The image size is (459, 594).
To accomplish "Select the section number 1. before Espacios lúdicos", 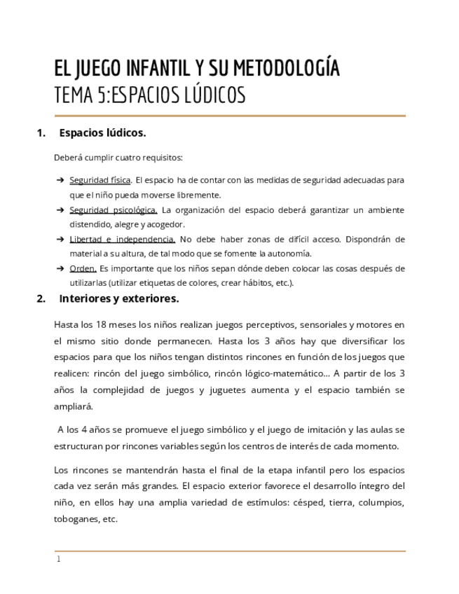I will [x=41, y=132].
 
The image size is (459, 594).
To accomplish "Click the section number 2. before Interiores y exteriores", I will [x=41, y=299].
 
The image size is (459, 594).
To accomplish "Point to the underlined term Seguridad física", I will [x=100, y=180].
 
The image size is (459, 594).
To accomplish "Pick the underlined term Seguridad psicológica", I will [x=114, y=210].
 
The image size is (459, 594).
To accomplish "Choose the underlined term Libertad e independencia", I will [x=123, y=240].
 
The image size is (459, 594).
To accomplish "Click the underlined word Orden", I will [x=83, y=269].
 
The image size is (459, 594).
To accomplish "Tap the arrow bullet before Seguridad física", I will [x=60, y=180].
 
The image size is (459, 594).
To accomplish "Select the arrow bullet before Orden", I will [x=60, y=269].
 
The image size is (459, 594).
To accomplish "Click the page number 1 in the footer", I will [x=59, y=560].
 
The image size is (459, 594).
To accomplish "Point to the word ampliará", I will [x=73, y=406].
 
